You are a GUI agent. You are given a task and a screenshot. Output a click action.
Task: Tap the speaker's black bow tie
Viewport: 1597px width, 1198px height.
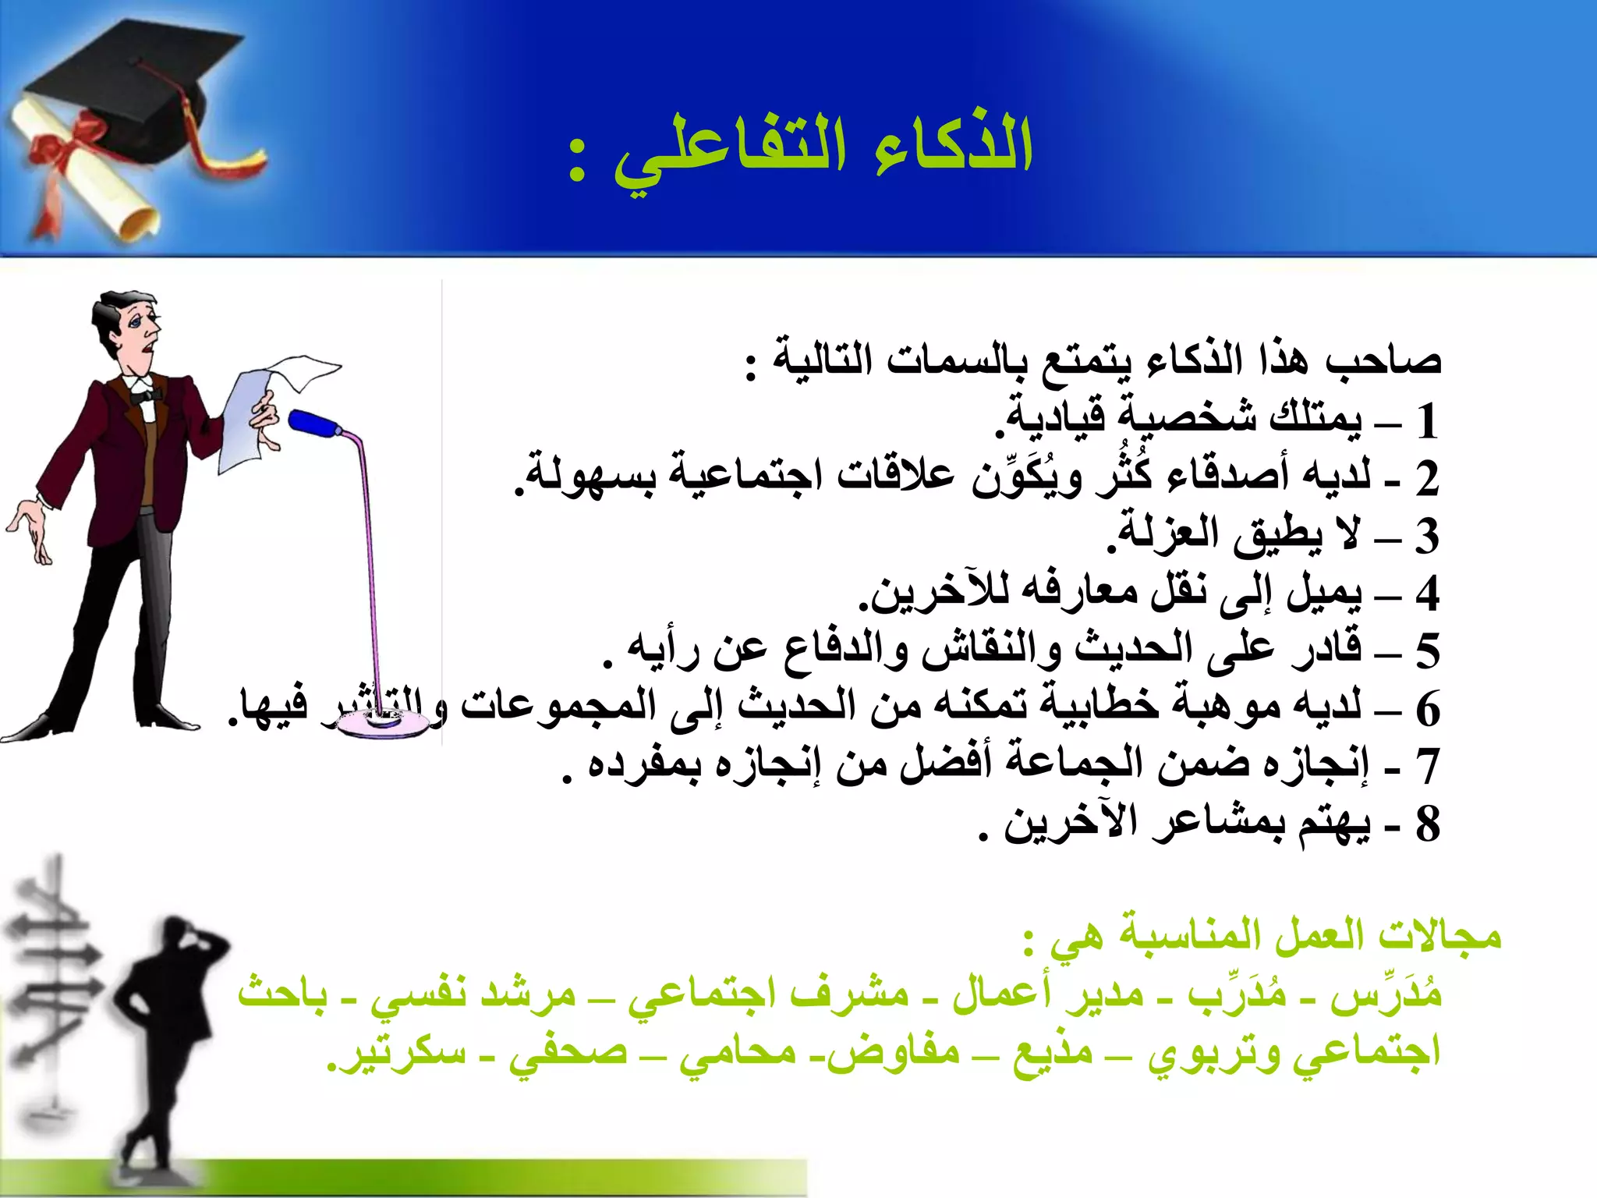(x=145, y=396)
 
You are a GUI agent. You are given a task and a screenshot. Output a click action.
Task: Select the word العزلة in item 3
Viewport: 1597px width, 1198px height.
(x=1154, y=534)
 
